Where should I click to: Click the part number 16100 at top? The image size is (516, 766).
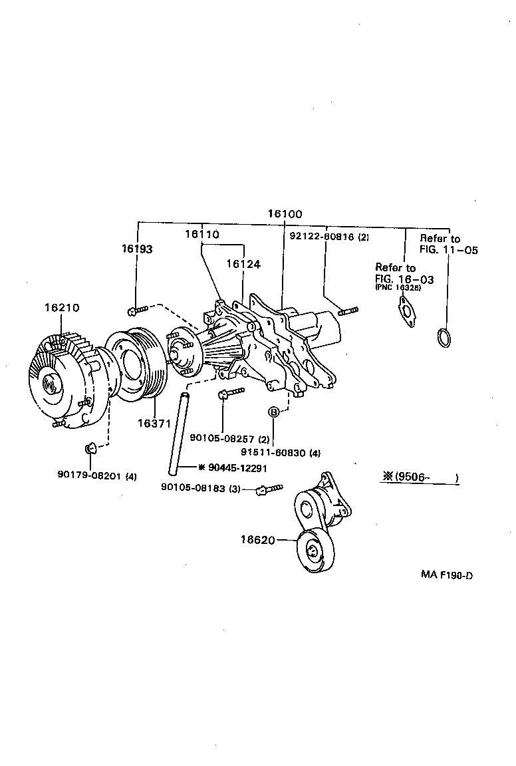(285, 214)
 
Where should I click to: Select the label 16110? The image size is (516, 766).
(201, 234)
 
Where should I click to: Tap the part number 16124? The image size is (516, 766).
(243, 263)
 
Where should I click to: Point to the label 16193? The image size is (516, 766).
(136, 249)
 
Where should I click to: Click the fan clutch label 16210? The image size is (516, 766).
(62, 308)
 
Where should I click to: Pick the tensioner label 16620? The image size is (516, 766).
(257, 540)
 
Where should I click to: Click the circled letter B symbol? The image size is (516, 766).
(273, 413)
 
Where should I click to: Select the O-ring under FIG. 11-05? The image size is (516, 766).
(444, 337)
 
